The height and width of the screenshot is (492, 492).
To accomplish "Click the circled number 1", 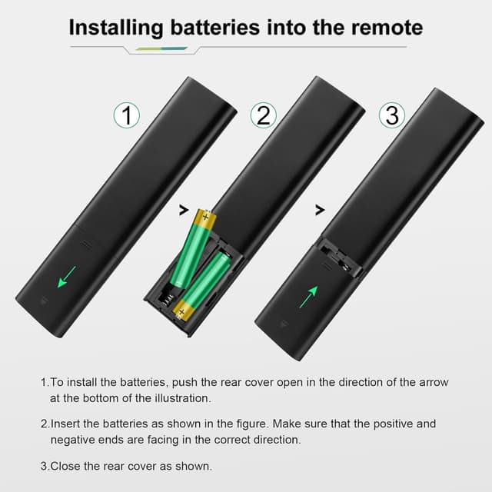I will click(127, 115).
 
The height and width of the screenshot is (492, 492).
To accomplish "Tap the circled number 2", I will click(264, 115).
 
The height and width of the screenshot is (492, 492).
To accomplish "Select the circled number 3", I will click(392, 115).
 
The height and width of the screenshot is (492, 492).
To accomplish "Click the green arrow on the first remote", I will click(67, 275).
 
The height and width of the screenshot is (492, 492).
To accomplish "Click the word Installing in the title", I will click(116, 28).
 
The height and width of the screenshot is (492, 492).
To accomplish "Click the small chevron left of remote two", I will click(183, 208).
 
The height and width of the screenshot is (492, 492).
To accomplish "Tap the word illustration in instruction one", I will click(184, 398).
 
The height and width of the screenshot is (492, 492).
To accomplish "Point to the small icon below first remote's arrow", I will click(42, 302).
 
